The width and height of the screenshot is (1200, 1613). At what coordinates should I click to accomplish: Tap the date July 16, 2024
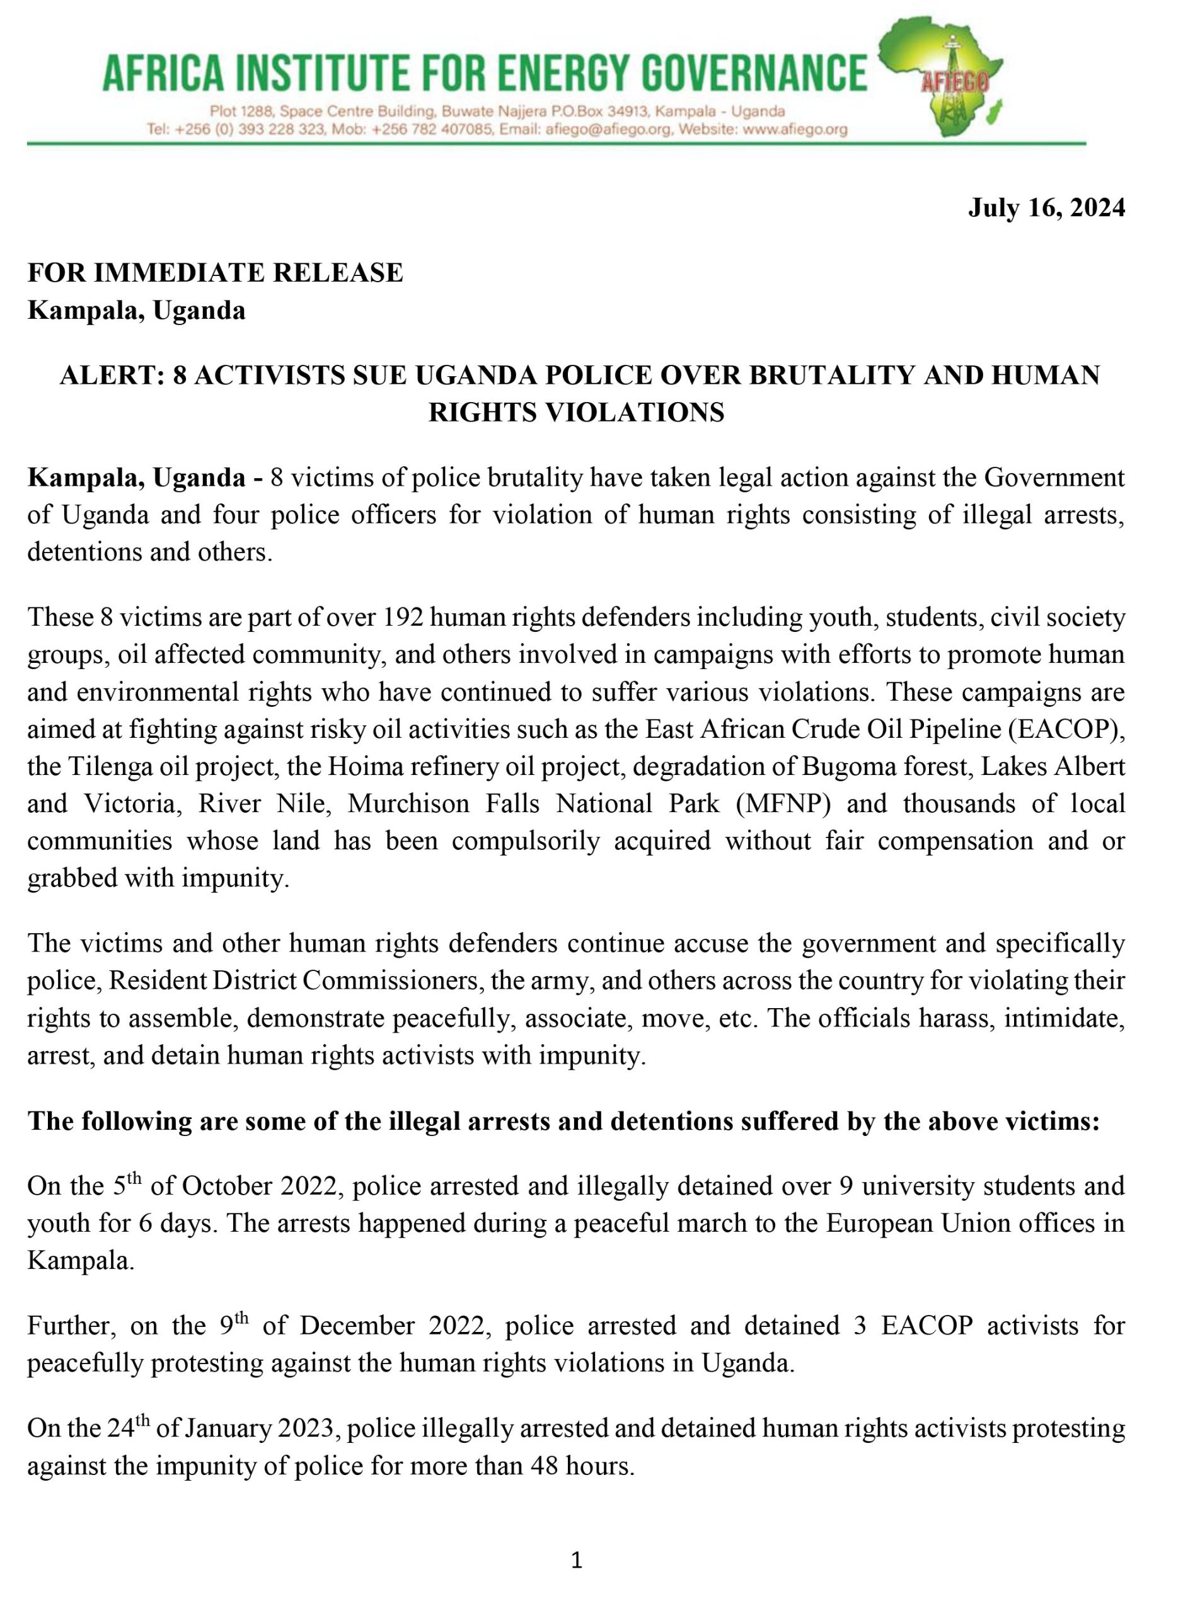pyautogui.click(x=1046, y=208)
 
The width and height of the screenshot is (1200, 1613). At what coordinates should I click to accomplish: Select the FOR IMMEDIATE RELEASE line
pyautogui.click(x=215, y=272)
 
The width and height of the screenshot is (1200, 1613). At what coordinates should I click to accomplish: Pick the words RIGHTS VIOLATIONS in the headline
pyautogui.click(x=576, y=413)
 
